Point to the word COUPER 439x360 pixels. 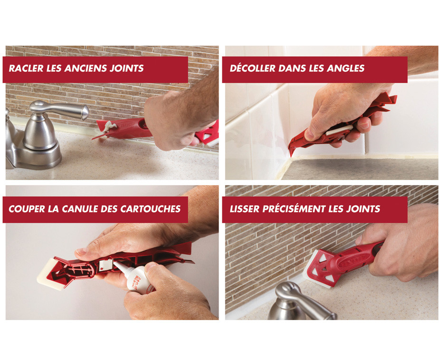(x=27, y=209)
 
